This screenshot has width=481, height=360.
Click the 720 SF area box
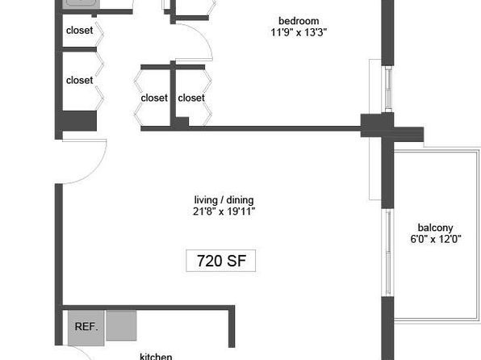coord(221,261)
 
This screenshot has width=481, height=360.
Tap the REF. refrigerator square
coord(86,328)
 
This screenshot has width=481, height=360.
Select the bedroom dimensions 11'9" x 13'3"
coord(299,32)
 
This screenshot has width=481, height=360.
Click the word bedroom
coord(299,21)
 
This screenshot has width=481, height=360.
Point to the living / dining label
coord(224,200)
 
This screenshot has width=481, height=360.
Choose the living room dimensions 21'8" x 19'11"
coord(224,211)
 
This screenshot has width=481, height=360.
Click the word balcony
coord(435,228)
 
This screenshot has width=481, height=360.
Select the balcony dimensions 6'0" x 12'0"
coord(436,239)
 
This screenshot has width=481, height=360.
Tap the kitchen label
coord(156,357)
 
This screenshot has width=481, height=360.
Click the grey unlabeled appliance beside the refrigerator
coord(122,325)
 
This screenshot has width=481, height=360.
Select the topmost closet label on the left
coord(79,30)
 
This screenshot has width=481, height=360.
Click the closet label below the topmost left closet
coord(79,80)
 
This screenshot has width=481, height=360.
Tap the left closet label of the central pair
coord(154,98)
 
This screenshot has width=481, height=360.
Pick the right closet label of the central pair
coord(191,98)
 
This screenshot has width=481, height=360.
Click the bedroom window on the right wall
coord(388,90)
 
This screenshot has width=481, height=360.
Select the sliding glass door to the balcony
coord(388,253)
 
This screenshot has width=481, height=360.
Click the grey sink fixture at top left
coord(82,4)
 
